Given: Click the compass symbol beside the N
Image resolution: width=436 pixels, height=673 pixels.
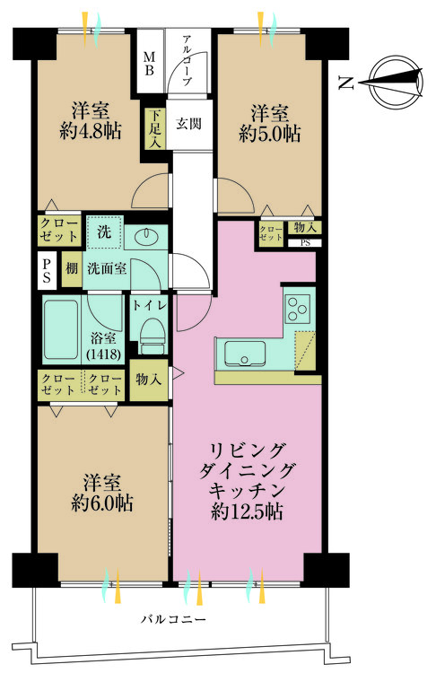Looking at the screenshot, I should tap(392, 83).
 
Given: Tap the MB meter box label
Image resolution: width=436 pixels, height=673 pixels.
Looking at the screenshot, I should tap(149, 62).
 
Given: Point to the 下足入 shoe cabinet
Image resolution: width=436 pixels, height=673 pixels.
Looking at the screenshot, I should tap(156, 128).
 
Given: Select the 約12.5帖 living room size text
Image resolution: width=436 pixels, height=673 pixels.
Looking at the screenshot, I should tap(247, 511).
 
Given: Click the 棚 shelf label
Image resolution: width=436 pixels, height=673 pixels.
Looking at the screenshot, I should tap(71, 268).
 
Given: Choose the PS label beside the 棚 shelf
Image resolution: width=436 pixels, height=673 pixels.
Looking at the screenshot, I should tap(45, 269).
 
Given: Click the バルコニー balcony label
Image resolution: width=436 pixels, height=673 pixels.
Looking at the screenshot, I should tap(174, 619).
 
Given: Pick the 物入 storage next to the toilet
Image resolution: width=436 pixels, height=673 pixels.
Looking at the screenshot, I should tap(148, 380).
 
